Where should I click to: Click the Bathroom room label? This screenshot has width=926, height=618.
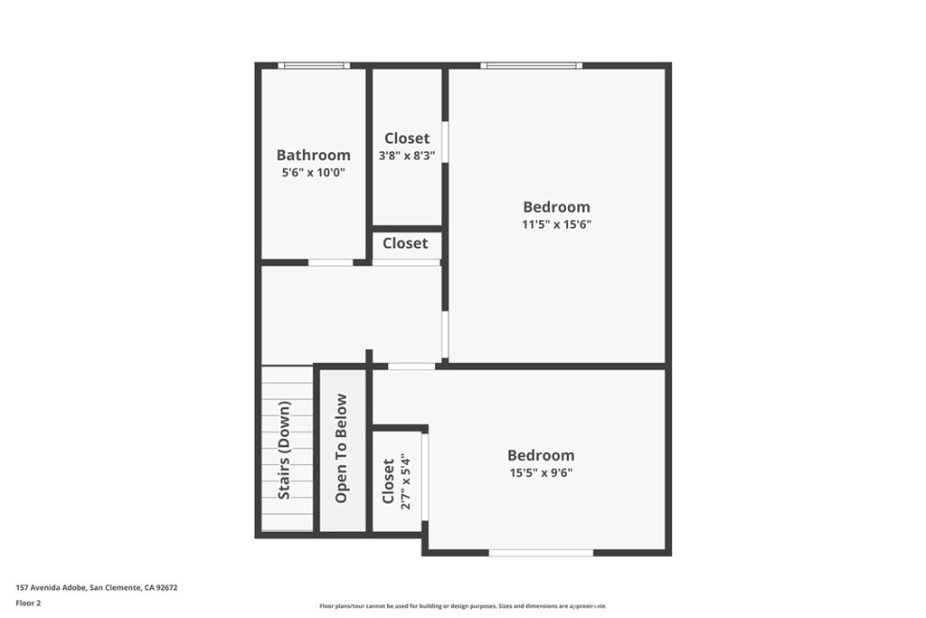coord(313,155)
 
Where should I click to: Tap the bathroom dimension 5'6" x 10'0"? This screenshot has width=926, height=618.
coord(313,172)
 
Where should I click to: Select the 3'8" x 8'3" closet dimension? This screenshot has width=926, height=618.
coord(407,156)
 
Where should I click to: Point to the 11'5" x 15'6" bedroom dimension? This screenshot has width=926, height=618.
coord(556,224)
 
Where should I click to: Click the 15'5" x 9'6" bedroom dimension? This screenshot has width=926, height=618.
coord(540,472)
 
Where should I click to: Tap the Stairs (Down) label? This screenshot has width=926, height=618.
coord(285,451)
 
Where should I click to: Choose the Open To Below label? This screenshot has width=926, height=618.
coord(341,448)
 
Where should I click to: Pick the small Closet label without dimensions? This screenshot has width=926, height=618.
coord(405,243)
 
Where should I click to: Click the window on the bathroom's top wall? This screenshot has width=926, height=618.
coord(313,65)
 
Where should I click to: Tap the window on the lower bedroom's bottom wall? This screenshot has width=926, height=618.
coord(541,552)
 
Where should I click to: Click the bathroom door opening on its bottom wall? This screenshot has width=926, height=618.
coord(330,262)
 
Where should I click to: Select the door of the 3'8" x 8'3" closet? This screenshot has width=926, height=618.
coord(445,141)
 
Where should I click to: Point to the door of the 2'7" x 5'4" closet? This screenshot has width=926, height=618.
coord(424,477)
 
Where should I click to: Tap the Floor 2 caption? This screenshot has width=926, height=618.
coord(29,602)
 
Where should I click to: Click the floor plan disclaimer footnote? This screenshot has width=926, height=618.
coord(463,606)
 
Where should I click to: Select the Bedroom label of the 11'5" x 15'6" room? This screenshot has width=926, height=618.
coord(556,207)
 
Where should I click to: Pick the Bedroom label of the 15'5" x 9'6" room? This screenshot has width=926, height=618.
coord(540,455)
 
